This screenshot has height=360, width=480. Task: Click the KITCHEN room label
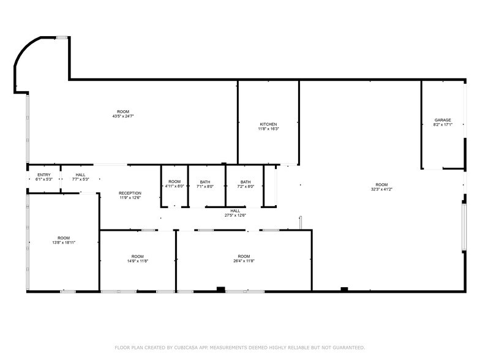pos(268,124)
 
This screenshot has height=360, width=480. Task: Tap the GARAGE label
pos(443,120)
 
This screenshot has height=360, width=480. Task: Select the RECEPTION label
pos(130,193)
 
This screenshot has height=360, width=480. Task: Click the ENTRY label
pos(44,174)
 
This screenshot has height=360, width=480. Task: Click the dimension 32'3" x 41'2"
pos(381,189)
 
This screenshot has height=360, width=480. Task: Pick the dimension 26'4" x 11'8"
pos(244,261)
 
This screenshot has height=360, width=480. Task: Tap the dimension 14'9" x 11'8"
pos(137,261)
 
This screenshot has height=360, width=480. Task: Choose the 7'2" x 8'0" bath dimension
pos(246,187)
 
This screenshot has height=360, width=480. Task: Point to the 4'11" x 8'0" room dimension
pos(175,187)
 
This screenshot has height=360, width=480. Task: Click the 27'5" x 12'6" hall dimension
pos(235,216)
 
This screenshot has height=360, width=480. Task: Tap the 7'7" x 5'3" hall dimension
pos(81,179)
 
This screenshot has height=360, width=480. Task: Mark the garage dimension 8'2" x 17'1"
pos(443,125)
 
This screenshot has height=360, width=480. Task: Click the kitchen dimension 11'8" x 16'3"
pos(268,129)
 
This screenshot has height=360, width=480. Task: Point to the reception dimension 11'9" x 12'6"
pos(130,198)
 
